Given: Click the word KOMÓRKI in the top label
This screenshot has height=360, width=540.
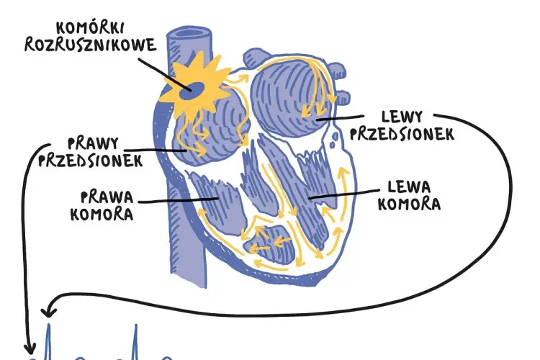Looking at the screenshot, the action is (89, 28).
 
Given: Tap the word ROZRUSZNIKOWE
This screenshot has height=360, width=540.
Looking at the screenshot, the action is (90, 45).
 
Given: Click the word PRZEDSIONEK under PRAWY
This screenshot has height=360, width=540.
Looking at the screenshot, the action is (90, 160).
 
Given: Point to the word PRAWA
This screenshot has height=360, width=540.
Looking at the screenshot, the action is (107, 197).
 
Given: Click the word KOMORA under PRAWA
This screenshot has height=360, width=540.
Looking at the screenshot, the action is (102, 214).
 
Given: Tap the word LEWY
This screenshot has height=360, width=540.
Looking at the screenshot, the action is (402, 117).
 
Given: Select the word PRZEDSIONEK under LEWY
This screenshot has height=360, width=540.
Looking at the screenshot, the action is (402, 134).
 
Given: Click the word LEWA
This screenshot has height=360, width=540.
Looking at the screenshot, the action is (409, 187).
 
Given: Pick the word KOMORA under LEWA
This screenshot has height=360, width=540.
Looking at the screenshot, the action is (409, 204).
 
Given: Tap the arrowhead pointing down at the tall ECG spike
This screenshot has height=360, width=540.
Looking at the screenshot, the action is (49, 312).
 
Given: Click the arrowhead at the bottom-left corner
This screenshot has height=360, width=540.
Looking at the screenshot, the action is (30, 348).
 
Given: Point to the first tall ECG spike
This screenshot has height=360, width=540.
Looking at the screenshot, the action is (48, 342).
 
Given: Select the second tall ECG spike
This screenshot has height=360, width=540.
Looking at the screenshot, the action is (135, 342).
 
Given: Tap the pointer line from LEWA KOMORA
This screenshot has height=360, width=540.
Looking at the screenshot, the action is (343, 194).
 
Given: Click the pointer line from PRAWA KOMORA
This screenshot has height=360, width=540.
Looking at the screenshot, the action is (178, 200).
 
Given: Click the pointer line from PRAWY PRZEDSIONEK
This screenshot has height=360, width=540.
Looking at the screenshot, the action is (156, 150).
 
